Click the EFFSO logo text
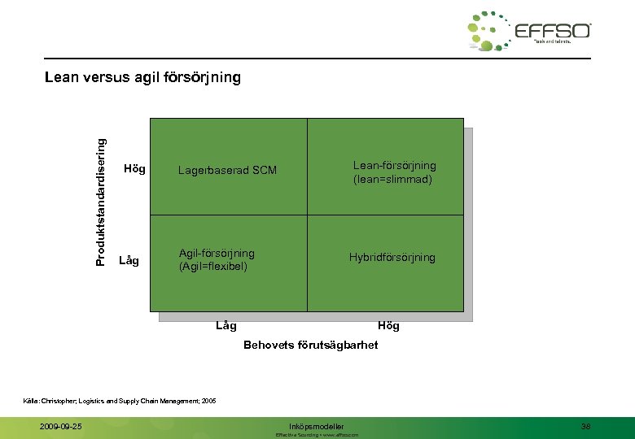click(x=553, y=31)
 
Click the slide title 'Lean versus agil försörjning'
click(x=143, y=78)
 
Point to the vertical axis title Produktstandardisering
click(x=101, y=201)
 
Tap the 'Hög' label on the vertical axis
click(x=134, y=169)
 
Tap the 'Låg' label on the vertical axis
click(x=129, y=260)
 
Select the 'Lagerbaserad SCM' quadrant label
click(x=227, y=170)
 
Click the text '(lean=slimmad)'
click(x=392, y=179)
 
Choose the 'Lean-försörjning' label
click(x=394, y=165)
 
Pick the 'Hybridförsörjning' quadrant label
click(x=392, y=257)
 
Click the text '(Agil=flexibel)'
click(x=213, y=266)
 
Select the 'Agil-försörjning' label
click(x=217, y=253)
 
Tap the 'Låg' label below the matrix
click(x=226, y=325)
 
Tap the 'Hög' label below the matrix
click(x=389, y=325)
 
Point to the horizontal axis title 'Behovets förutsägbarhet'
click(x=311, y=345)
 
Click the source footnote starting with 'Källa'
click(x=125, y=400)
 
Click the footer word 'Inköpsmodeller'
click(x=317, y=426)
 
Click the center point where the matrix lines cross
click(x=307, y=215)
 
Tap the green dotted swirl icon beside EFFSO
click(x=488, y=32)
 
